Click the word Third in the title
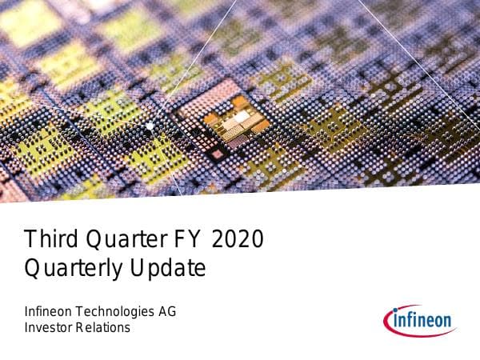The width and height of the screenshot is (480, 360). [x=46, y=239]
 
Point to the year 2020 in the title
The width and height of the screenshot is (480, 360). [x=238, y=239]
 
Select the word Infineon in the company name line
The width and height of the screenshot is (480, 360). [x=50, y=312]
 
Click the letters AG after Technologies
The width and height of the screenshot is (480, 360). [x=166, y=312]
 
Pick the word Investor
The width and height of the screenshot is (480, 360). [x=48, y=327]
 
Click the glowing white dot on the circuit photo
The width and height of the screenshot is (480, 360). [x=150, y=126]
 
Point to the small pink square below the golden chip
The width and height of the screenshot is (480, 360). [x=216, y=152]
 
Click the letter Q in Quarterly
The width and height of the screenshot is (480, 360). [x=34, y=269]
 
